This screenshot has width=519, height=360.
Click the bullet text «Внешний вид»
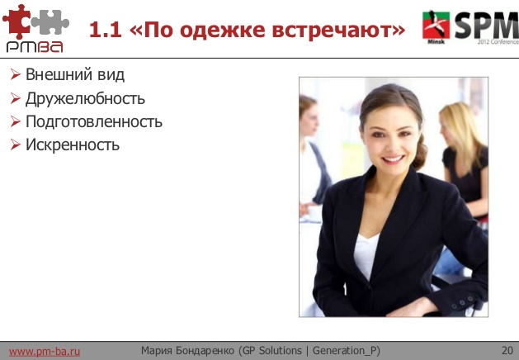pyautogui.click(x=75, y=76)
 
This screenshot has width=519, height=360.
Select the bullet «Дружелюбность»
pyautogui.click(x=85, y=99)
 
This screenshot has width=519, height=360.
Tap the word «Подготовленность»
pyautogui.click(x=94, y=122)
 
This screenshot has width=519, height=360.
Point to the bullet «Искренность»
pyautogui.click(x=73, y=145)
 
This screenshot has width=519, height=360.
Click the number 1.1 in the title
pyautogui.click(x=105, y=31)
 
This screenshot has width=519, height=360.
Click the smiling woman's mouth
pyautogui.click(x=393, y=159)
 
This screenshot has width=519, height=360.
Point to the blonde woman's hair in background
pyautogui.click(x=459, y=124)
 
